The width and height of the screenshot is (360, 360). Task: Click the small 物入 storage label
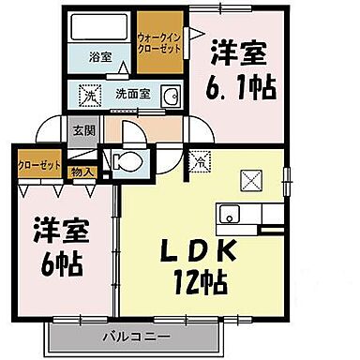tap(82, 171)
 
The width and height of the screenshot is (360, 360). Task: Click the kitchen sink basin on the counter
tap(229, 217)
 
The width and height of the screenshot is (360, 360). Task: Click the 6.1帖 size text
tap(240, 86)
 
